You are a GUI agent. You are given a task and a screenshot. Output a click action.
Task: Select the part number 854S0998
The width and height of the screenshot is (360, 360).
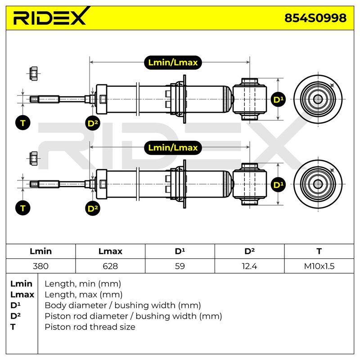[x=315, y=18]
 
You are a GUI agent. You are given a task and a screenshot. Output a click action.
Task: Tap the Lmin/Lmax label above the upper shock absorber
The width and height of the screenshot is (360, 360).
[x=173, y=63]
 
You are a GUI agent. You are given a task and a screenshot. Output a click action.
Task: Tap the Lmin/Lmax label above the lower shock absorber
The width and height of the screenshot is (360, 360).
[x=173, y=148]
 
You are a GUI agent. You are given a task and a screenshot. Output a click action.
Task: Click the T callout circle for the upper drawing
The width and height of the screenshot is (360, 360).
[x=23, y=123]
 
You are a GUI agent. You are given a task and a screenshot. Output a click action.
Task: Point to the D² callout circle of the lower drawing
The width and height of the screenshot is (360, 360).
[x=93, y=208]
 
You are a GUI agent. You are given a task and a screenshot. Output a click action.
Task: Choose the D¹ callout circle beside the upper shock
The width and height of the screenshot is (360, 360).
[x=278, y=99]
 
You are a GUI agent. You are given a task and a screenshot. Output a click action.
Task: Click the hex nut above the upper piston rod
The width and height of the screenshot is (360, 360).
[x=34, y=74]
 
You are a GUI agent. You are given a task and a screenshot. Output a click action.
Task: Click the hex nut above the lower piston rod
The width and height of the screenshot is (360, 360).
[x=34, y=158]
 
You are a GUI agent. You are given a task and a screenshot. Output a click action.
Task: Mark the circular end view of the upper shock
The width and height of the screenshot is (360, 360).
[x=318, y=99]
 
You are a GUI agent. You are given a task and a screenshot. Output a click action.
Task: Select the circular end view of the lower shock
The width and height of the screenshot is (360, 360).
[x=318, y=184]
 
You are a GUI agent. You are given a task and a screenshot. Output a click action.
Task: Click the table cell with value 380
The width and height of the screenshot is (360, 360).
[x=40, y=266]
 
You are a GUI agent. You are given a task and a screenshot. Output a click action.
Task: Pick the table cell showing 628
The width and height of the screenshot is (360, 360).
[x=110, y=266]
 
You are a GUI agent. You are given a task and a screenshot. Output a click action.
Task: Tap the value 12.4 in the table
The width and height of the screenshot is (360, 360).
[x=249, y=266]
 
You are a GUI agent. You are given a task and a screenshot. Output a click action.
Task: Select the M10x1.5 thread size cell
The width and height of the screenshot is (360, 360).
[x=319, y=266]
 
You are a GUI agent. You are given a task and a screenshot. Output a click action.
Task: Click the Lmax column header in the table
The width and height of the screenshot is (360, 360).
[x=110, y=251]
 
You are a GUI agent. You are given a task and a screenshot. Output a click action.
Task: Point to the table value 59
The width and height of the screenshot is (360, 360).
[x=180, y=266]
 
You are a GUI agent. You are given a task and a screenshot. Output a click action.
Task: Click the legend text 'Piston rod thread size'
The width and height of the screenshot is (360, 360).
[x=90, y=327]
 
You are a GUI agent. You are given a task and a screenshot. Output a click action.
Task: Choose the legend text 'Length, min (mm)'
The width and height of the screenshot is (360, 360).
[x=83, y=284]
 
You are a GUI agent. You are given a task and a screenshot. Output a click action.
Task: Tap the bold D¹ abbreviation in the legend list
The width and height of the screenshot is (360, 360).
[x=15, y=305]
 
